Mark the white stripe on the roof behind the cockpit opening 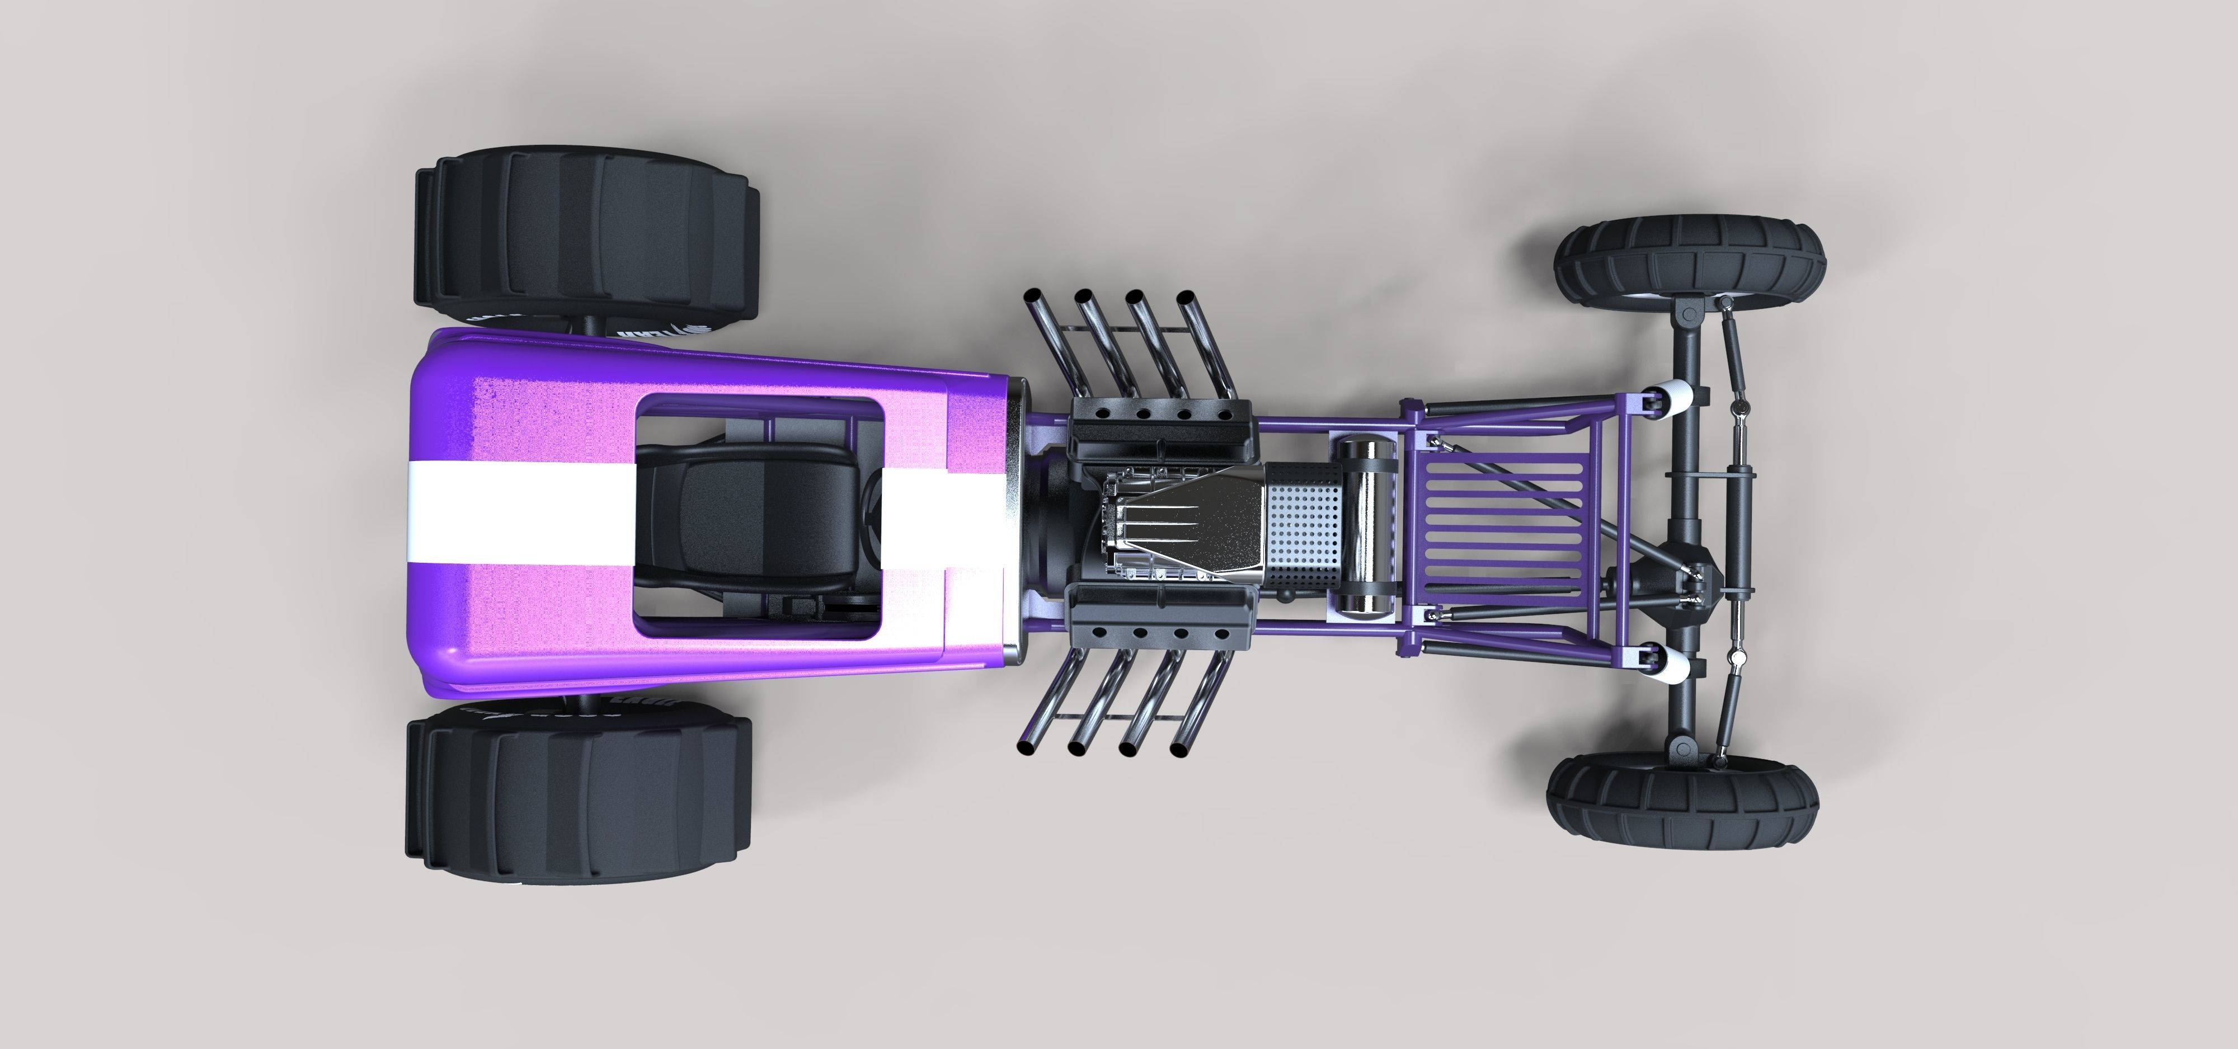click(x=521, y=512)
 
